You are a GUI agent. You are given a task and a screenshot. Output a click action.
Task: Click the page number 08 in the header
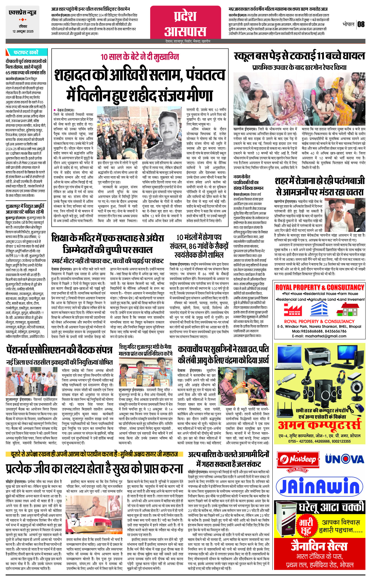(361, 24)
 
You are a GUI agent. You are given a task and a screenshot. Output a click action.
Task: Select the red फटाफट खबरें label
(26, 52)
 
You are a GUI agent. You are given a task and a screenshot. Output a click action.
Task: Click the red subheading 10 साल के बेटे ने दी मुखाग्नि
(140, 57)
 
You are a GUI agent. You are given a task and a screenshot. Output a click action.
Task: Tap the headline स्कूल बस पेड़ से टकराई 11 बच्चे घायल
(299, 56)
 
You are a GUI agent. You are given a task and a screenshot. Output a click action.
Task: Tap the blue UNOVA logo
(344, 459)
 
